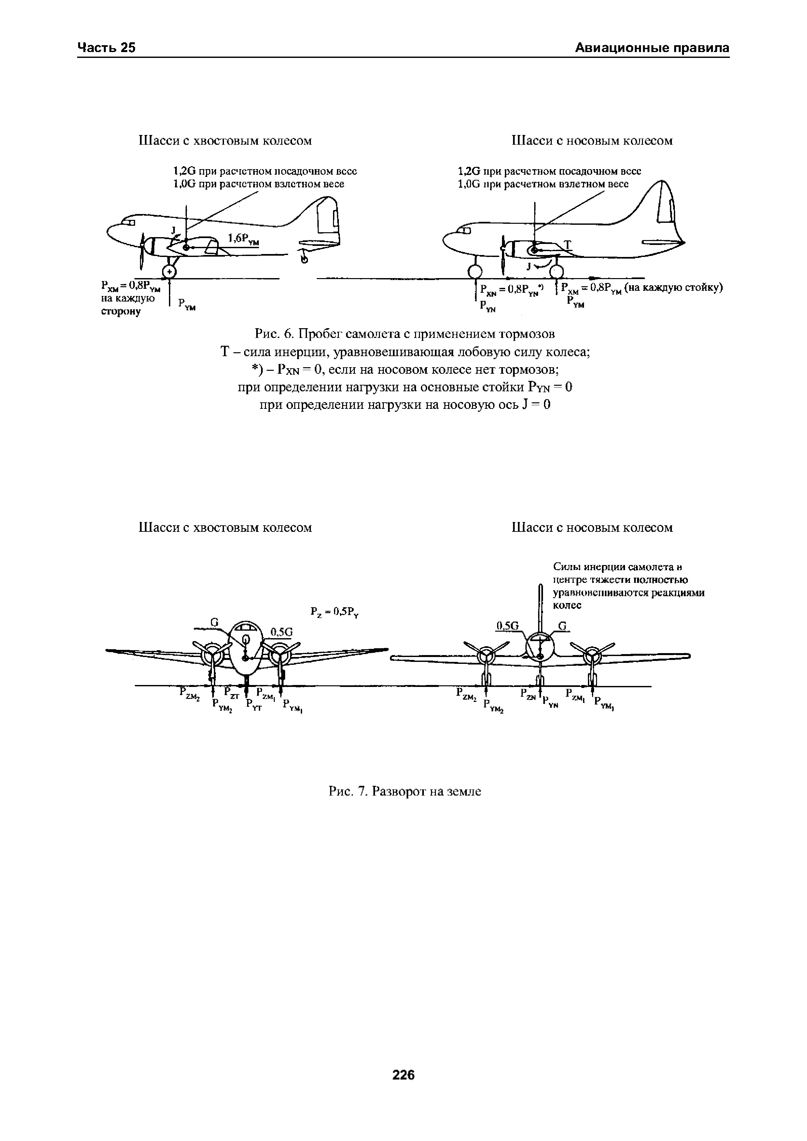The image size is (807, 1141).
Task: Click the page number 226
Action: pos(403,1075)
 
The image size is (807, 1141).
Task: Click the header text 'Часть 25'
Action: pos(106,48)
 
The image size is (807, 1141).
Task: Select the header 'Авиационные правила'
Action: pos(652,48)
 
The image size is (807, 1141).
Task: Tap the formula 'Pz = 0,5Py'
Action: pos(335,612)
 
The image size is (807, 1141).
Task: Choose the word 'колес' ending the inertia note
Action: pos(567,605)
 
